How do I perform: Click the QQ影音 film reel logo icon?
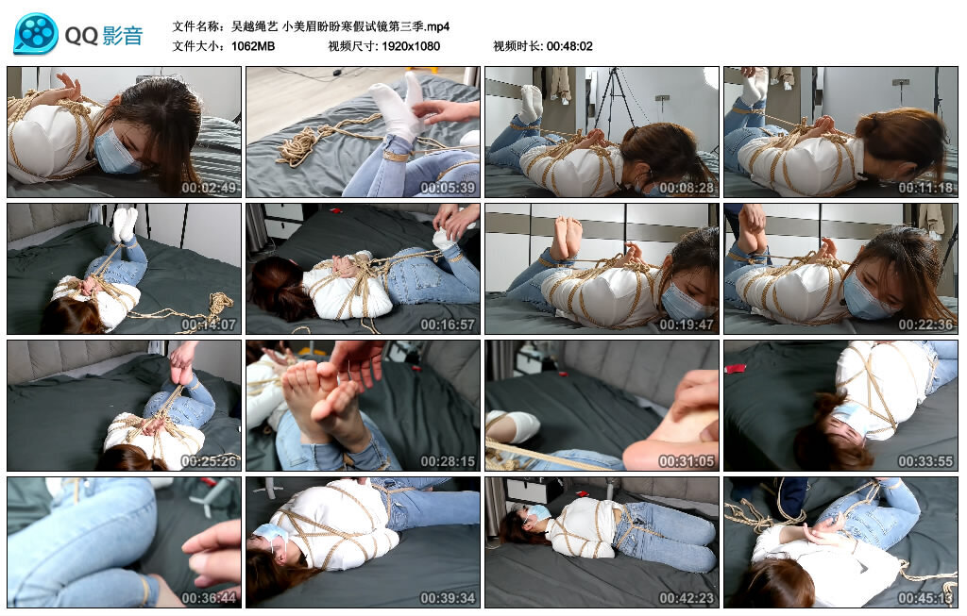[36, 35]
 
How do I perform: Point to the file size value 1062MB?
[253, 46]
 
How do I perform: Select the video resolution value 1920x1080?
[411, 46]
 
